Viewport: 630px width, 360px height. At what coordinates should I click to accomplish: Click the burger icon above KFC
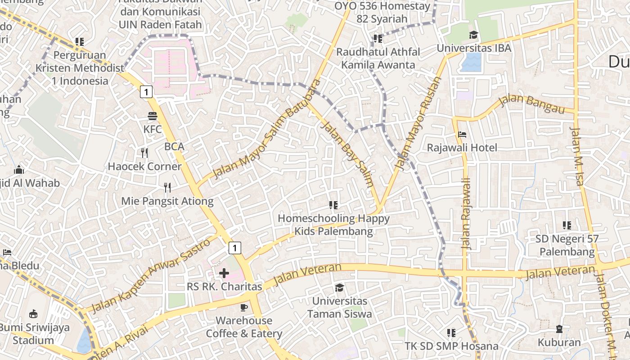153,116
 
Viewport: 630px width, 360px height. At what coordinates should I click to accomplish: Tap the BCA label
174,146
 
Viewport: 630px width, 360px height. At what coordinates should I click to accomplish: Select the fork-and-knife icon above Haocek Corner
144,153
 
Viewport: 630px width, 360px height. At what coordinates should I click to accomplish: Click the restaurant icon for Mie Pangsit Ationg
167,187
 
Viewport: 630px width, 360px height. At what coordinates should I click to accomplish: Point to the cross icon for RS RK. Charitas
224,273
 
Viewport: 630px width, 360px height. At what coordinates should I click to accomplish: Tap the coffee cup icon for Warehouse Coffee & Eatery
244,307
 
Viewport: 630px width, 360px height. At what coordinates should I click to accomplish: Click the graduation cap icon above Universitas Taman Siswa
339,288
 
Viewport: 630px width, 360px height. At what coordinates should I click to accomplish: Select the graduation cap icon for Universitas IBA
473,35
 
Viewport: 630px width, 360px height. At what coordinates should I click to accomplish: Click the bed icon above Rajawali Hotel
462,135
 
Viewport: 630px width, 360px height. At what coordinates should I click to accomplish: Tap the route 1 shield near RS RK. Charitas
234,247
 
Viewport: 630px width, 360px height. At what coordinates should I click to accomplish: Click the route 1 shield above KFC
146,92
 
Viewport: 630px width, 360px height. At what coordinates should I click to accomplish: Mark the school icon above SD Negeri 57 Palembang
567,225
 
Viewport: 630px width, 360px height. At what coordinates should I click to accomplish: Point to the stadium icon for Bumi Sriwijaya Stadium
33,314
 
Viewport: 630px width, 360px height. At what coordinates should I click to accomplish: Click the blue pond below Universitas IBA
471,63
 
